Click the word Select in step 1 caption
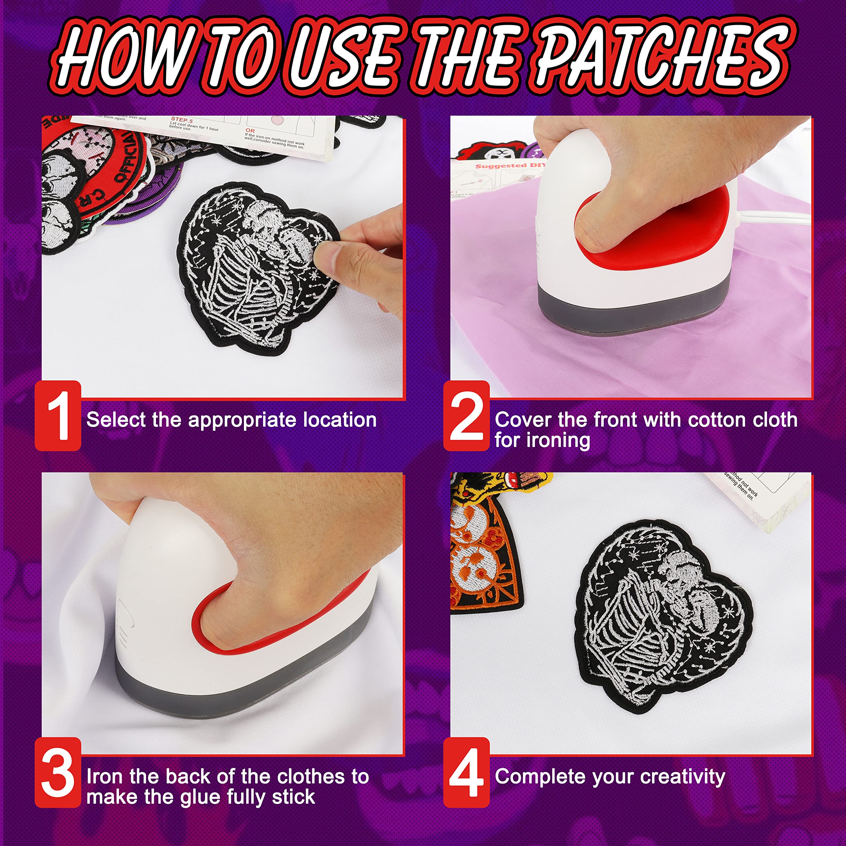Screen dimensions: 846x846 [x=116, y=419]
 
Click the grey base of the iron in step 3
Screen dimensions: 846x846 [x=245, y=683]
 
